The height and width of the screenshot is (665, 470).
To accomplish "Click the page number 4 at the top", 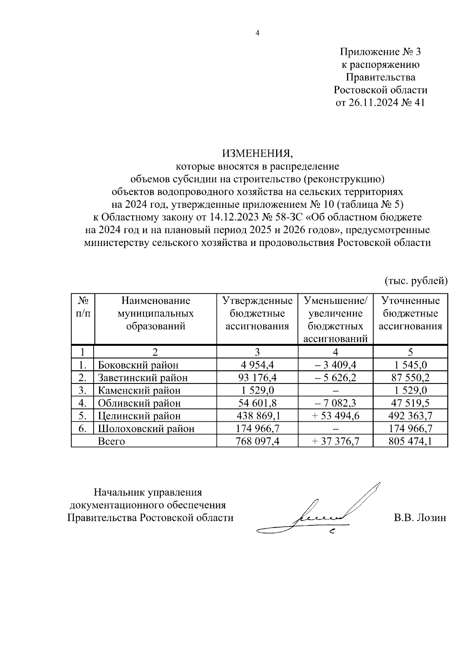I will point(257,33).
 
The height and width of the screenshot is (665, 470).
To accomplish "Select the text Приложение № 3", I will point(380,52).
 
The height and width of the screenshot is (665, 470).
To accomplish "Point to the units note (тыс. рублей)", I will point(416,280).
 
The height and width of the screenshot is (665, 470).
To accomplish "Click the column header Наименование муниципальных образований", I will point(155,313).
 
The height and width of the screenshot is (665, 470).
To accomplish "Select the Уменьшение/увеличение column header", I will point(336,320).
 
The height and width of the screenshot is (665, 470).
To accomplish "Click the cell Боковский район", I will point(138,365).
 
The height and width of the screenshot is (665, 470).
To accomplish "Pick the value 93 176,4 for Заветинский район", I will point(257,378).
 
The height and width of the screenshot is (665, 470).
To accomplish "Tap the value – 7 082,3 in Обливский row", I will point(336,403).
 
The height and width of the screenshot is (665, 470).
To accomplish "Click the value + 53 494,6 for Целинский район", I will point(336,416).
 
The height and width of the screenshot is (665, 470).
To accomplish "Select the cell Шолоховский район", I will point(146,428).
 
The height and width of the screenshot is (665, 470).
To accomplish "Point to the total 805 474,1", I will point(410,441).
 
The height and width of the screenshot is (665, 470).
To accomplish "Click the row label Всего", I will point(111,441).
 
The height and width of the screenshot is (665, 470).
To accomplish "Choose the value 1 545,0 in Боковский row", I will point(410,365).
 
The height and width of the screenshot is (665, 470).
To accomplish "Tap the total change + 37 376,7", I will point(336,441).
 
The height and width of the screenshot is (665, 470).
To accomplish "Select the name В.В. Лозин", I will point(420,517).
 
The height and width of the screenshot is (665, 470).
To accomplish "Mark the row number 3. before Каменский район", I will point(82,390).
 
